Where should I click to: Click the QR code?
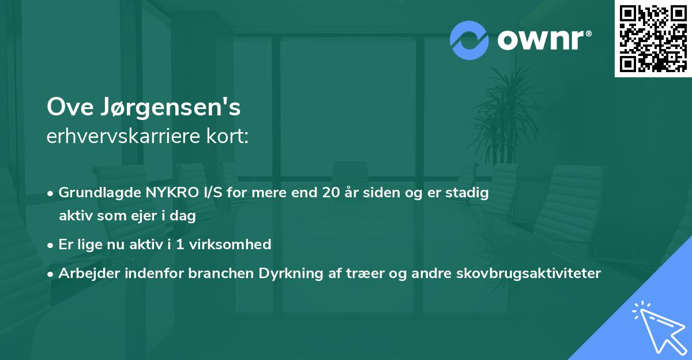(x=653, y=38)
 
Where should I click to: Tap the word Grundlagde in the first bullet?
(x=94, y=193)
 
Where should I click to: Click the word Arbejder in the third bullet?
(x=85, y=273)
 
